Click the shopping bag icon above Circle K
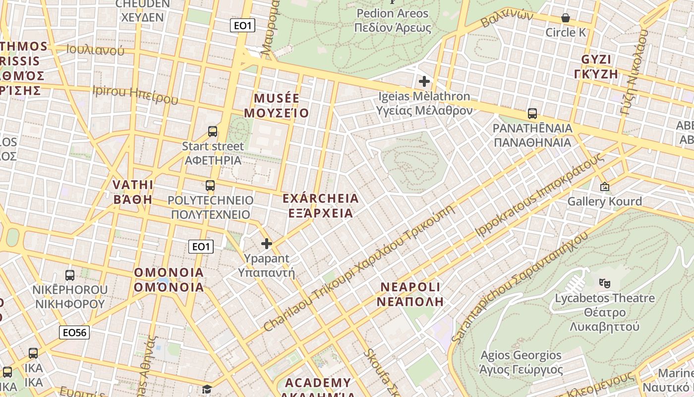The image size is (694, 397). point(566,18)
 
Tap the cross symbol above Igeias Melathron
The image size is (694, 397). point(424,81)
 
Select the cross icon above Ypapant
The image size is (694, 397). point(267,244)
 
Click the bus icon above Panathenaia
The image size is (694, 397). point(532,114)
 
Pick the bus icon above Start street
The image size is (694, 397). point(213,132)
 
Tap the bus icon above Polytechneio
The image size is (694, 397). point(210,186)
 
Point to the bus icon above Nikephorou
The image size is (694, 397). point(70,275)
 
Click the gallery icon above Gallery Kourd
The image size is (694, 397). point(605,187)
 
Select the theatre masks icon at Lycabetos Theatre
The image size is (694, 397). point(604,283)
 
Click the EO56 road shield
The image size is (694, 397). point(74,332)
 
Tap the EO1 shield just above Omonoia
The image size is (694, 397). point(201,247)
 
